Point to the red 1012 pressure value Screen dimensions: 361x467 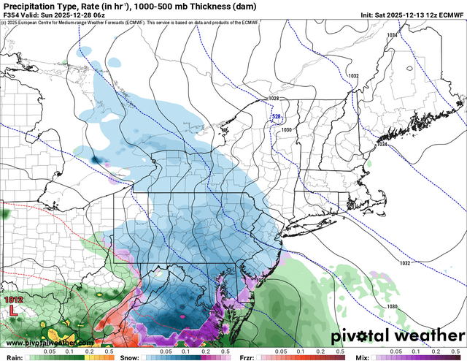tap(13, 300)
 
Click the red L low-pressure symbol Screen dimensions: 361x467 tap(13, 311)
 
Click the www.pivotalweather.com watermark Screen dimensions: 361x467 tap(49, 343)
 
